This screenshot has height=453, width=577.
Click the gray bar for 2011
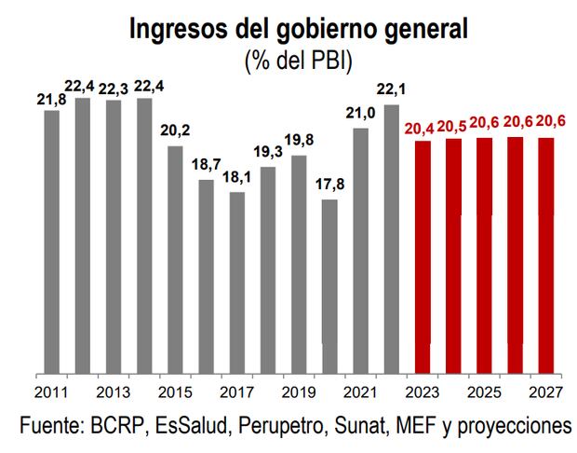tap(51, 242)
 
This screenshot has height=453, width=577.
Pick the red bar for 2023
tap(423, 257)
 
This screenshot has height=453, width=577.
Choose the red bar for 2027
tap(546, 256)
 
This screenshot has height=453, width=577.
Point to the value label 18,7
tap(207, 164)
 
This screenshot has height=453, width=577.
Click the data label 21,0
tap(361, 114)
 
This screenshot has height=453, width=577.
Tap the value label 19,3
tap(268, 152)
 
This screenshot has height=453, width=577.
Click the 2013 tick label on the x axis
tap(113, 391)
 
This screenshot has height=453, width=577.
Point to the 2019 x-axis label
tap(299, 391)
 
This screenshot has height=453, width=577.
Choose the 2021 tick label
tap(361, 391)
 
